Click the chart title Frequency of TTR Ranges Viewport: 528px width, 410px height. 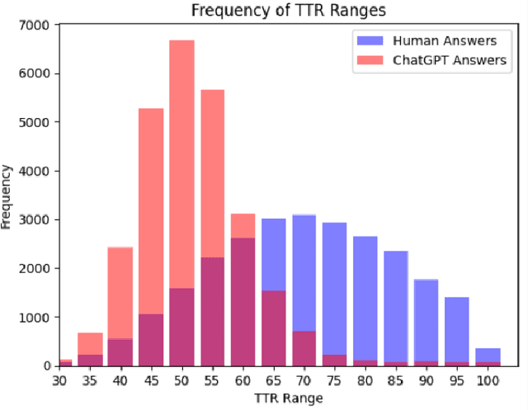point(264,12)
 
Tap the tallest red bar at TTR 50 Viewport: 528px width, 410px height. point(181,165)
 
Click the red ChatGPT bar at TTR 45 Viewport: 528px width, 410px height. point(151,214)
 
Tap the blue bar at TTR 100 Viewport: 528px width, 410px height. point(487,355)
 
